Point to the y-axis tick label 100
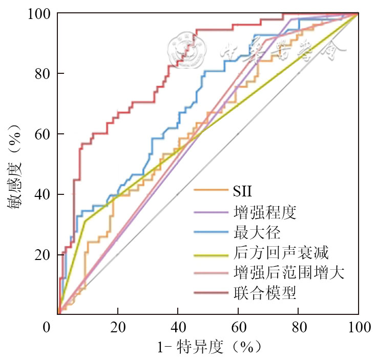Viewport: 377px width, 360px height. point(38,13)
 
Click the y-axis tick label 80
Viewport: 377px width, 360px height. point(41,74)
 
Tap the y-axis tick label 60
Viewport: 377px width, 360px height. point(41,134)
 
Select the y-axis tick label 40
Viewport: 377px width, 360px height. point(41,194)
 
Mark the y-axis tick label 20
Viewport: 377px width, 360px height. point(41,255)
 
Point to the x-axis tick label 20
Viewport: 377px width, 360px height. point(118,327)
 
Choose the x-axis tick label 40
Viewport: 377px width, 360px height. point(178,327)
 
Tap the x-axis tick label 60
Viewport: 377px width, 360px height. point(238,327)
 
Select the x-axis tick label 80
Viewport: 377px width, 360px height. point(298,327)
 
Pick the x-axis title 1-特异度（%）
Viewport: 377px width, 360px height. point(208,347)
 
